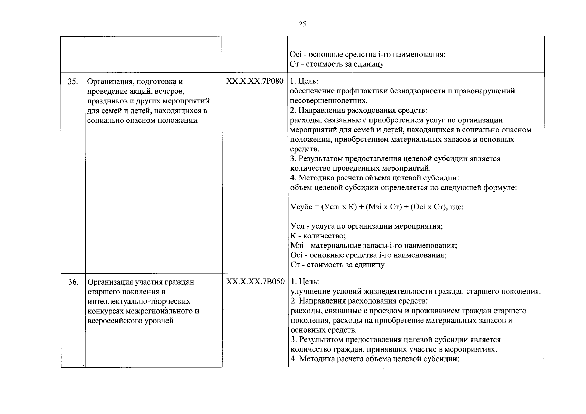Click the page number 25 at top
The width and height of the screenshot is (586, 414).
point(302,24)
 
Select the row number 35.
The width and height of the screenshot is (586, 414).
point(72,82)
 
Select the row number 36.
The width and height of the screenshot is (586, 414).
point(73,282)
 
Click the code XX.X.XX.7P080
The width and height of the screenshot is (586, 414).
point(254,81)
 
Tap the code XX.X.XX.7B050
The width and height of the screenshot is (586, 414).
point(255,282)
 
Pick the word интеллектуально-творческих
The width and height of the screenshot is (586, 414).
point(139,301)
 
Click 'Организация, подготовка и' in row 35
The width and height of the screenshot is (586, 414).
point(135,82)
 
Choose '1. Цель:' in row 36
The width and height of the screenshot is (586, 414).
point(304,282)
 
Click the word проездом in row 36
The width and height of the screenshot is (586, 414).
point(387,311)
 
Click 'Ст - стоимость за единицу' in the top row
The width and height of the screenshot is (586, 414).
point(337,64)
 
